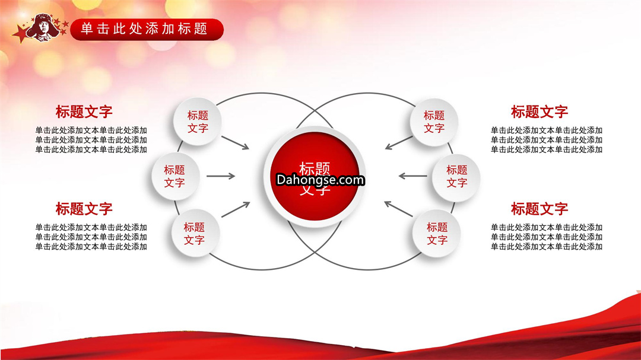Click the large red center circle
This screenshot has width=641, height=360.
(x=315, y=176)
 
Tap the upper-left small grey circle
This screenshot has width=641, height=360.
(x=198, y=122)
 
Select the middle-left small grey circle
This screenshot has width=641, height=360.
(x=175, y=176)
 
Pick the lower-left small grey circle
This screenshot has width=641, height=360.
(x=195, y=233)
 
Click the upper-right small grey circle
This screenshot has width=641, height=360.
(x=434, y=122)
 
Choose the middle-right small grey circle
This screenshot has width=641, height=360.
(x=456, y=177)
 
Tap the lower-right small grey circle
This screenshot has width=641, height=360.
(x=437, y=233)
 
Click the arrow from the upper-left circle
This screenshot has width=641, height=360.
(x=235, y=142)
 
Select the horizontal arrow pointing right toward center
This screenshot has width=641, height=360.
(x=221, y=176)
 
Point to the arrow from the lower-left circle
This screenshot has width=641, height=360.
(x=236, y=209)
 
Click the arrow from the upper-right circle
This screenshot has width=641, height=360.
(x=399, y=142)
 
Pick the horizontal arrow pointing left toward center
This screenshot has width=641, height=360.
(x=413, y=176)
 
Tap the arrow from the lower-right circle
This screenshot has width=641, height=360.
(x=398, y=209)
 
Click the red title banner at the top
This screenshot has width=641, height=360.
(x=147, y=30)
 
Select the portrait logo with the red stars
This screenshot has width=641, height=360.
(x=40, y=28)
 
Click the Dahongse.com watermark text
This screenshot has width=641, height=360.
(x=320, y=180)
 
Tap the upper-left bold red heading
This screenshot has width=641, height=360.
(x=84, y=111)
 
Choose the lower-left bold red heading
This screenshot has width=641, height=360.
(x=84, y=209)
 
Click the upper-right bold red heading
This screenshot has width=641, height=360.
(x=539, y=111)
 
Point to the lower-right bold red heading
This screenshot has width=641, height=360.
(x=539, y=209)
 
